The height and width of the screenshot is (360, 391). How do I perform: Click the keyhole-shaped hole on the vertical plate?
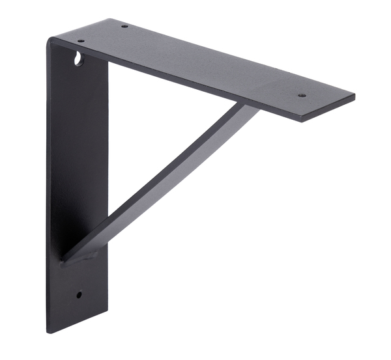79,59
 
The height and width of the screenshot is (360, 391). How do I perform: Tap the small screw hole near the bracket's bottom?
79,294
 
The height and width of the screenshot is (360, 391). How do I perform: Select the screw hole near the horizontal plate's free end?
302,95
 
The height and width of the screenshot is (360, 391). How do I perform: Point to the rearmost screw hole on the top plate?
124,27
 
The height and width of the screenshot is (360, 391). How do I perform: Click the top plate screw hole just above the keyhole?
81,41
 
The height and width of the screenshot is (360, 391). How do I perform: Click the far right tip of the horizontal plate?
355,98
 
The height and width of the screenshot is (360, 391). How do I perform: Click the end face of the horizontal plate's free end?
329,110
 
